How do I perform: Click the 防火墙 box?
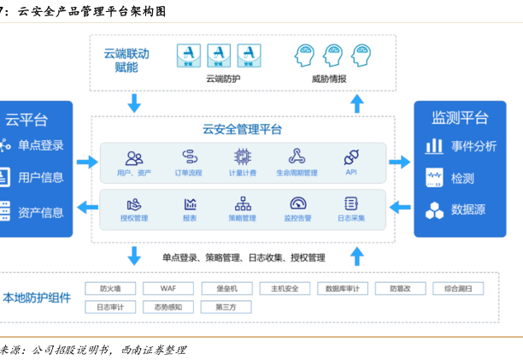112,288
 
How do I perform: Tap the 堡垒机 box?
228,288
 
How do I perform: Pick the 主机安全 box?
286,288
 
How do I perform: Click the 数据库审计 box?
344,288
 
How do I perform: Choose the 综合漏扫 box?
461,288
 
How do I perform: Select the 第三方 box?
228,306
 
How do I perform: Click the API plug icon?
350,156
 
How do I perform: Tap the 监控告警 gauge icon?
297,204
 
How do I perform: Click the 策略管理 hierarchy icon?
243,204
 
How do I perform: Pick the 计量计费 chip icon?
243,156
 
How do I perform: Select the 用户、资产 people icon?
134,157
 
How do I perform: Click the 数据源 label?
468,210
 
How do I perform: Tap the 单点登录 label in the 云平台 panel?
40,145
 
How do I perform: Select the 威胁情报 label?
331,80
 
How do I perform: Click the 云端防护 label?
223,80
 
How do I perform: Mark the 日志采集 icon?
350,204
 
